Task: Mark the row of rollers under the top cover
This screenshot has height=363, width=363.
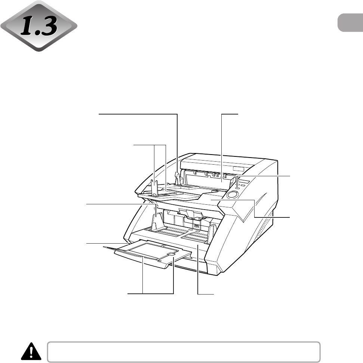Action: coord(213,174)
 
